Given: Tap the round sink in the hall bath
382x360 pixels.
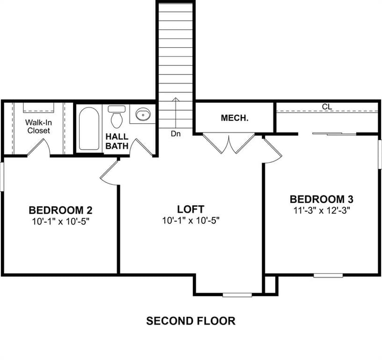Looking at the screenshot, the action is click(x=143, y=114).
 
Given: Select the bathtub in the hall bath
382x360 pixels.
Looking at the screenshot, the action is click(x=89, y=128).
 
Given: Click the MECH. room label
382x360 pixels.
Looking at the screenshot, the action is click(x=234, y=118).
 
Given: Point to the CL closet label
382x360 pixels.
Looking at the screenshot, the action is click(x=327, y=107).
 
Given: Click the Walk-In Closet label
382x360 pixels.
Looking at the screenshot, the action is click(x=39, y=126).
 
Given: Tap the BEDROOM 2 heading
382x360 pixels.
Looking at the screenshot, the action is click(x=61, y=210).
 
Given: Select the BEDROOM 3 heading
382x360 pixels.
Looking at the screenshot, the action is click(x=321, y=199).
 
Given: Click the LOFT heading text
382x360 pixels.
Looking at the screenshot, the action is click(x=191, y=209).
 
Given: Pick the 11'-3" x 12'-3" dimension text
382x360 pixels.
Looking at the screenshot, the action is click(x=321, y=210).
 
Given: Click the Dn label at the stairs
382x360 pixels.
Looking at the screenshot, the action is click(x=176, y=134).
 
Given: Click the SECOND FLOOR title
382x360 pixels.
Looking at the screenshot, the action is click(x=191, y=321).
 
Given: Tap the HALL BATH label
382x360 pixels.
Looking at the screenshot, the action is click(x=117, y=141).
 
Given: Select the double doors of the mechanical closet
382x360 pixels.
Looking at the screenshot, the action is click(x=229, y=143).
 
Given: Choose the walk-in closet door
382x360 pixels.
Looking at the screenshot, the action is click(x=39, y=147).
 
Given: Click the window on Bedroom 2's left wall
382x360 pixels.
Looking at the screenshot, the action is click(x=2, y=177).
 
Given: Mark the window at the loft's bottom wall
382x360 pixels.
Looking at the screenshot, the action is click(x=237, y=295).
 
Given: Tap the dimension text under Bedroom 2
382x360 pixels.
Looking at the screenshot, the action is click(x=61, y=221).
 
